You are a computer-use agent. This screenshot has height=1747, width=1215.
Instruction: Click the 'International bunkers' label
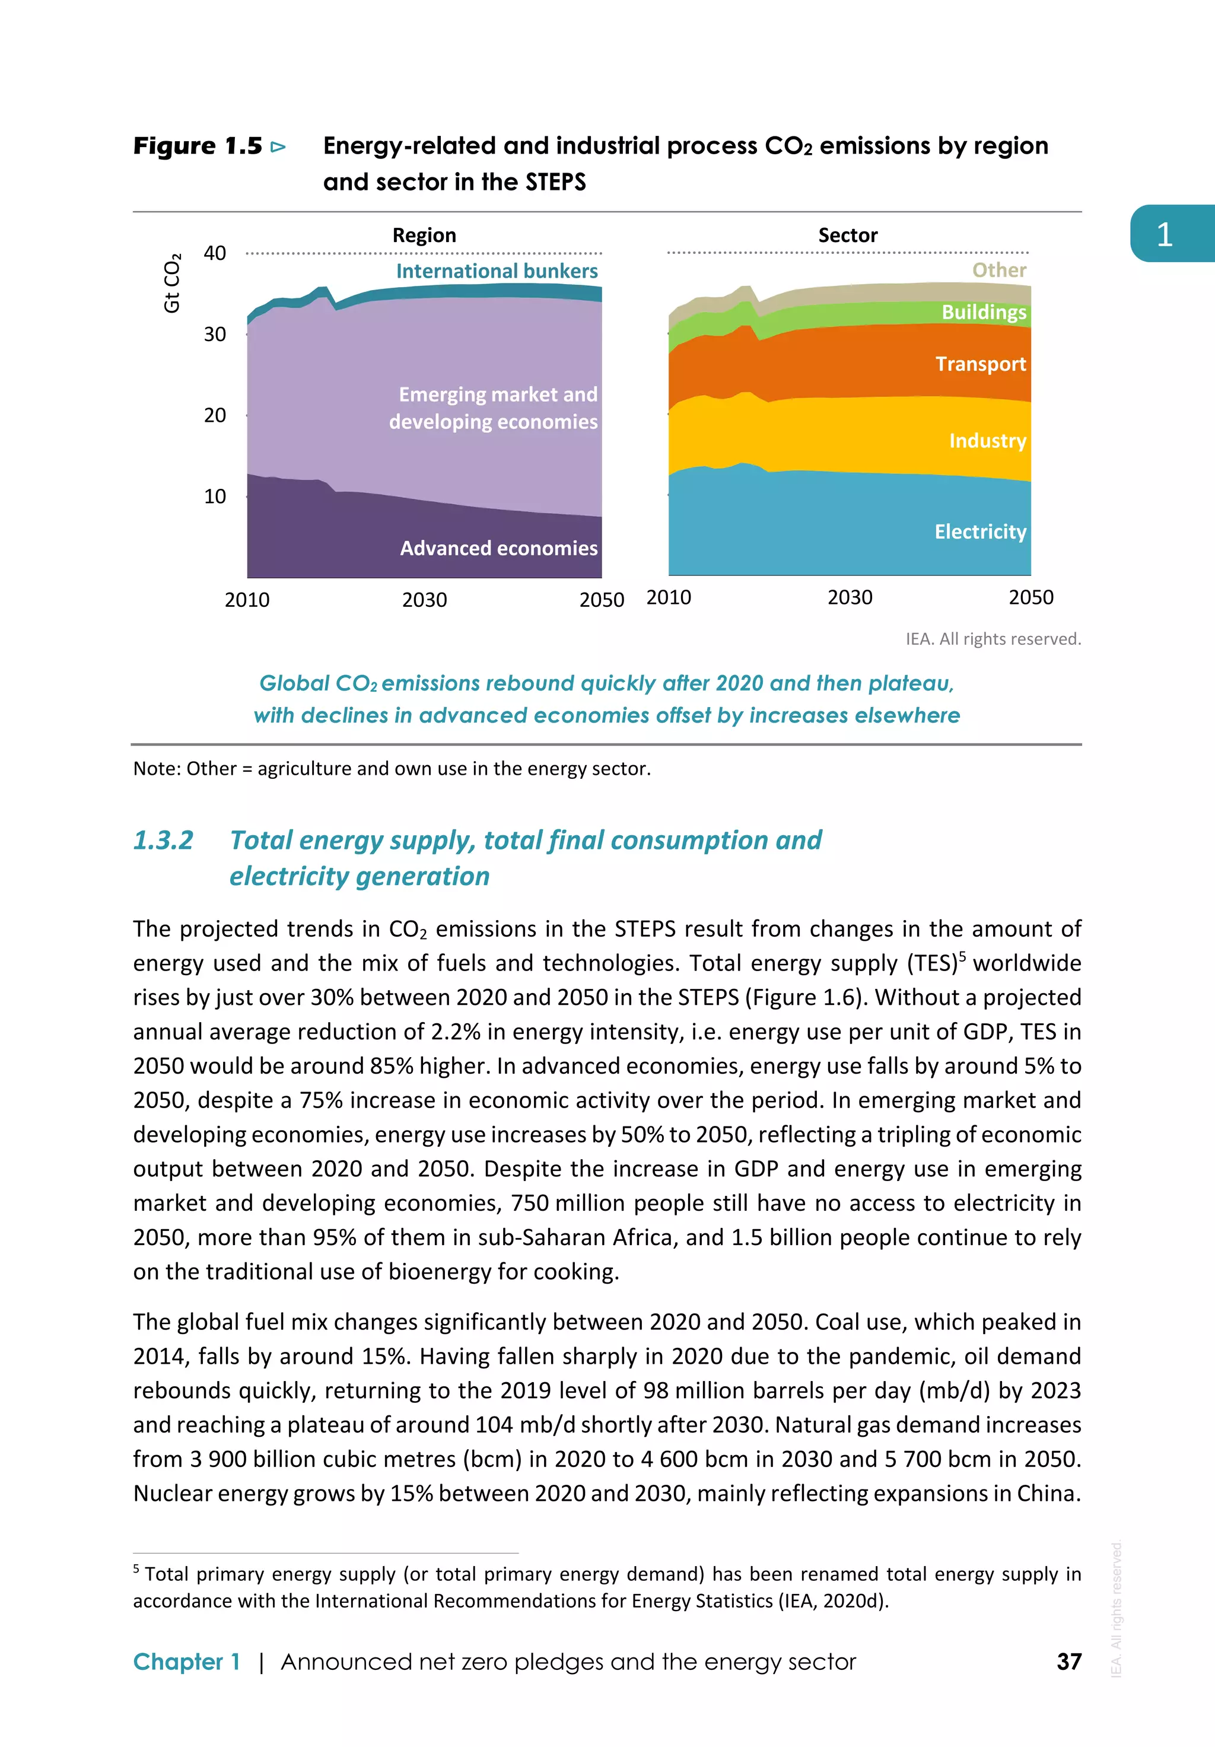497,271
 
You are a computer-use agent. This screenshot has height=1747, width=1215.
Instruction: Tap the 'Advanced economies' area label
498,548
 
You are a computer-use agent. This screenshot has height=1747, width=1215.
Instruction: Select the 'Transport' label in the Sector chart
981,364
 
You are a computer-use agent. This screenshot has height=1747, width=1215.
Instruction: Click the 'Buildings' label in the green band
984,312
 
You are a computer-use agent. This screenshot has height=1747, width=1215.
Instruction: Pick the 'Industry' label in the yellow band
988,441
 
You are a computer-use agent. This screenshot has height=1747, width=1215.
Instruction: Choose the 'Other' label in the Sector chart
999,270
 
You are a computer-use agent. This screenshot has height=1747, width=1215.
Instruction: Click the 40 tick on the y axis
215,253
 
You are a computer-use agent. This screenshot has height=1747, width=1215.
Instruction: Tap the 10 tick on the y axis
215,496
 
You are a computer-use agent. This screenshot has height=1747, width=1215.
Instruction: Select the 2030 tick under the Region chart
425,600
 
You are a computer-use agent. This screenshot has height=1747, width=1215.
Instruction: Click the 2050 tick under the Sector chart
1031,597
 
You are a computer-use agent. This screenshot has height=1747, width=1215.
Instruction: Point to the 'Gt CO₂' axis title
173,283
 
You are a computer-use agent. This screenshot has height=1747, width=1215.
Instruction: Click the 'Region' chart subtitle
424,235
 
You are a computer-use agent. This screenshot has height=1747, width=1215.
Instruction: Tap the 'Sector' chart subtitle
848,235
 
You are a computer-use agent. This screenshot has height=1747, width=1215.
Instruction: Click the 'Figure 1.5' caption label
198,145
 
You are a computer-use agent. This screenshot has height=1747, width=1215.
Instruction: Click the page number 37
1069,1662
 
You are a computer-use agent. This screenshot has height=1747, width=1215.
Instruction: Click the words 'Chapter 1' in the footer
186,1662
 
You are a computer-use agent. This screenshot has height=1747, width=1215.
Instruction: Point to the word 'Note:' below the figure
157,768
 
